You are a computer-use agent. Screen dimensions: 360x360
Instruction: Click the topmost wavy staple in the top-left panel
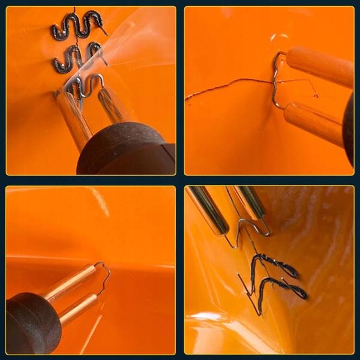tap(78, 26)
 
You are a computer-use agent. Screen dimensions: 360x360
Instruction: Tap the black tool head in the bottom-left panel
tap(33, 324)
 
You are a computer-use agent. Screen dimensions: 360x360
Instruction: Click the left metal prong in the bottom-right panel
tap(208, 210)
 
